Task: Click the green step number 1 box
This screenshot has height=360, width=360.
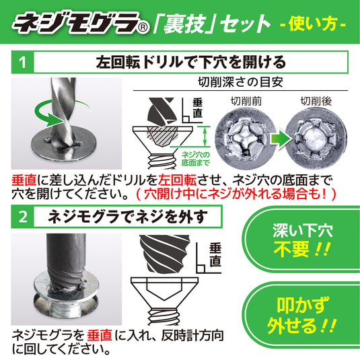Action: click(22, 64)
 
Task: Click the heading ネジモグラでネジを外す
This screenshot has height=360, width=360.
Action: click(127, 216)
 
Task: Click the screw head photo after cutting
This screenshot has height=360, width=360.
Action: click(316, 139)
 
